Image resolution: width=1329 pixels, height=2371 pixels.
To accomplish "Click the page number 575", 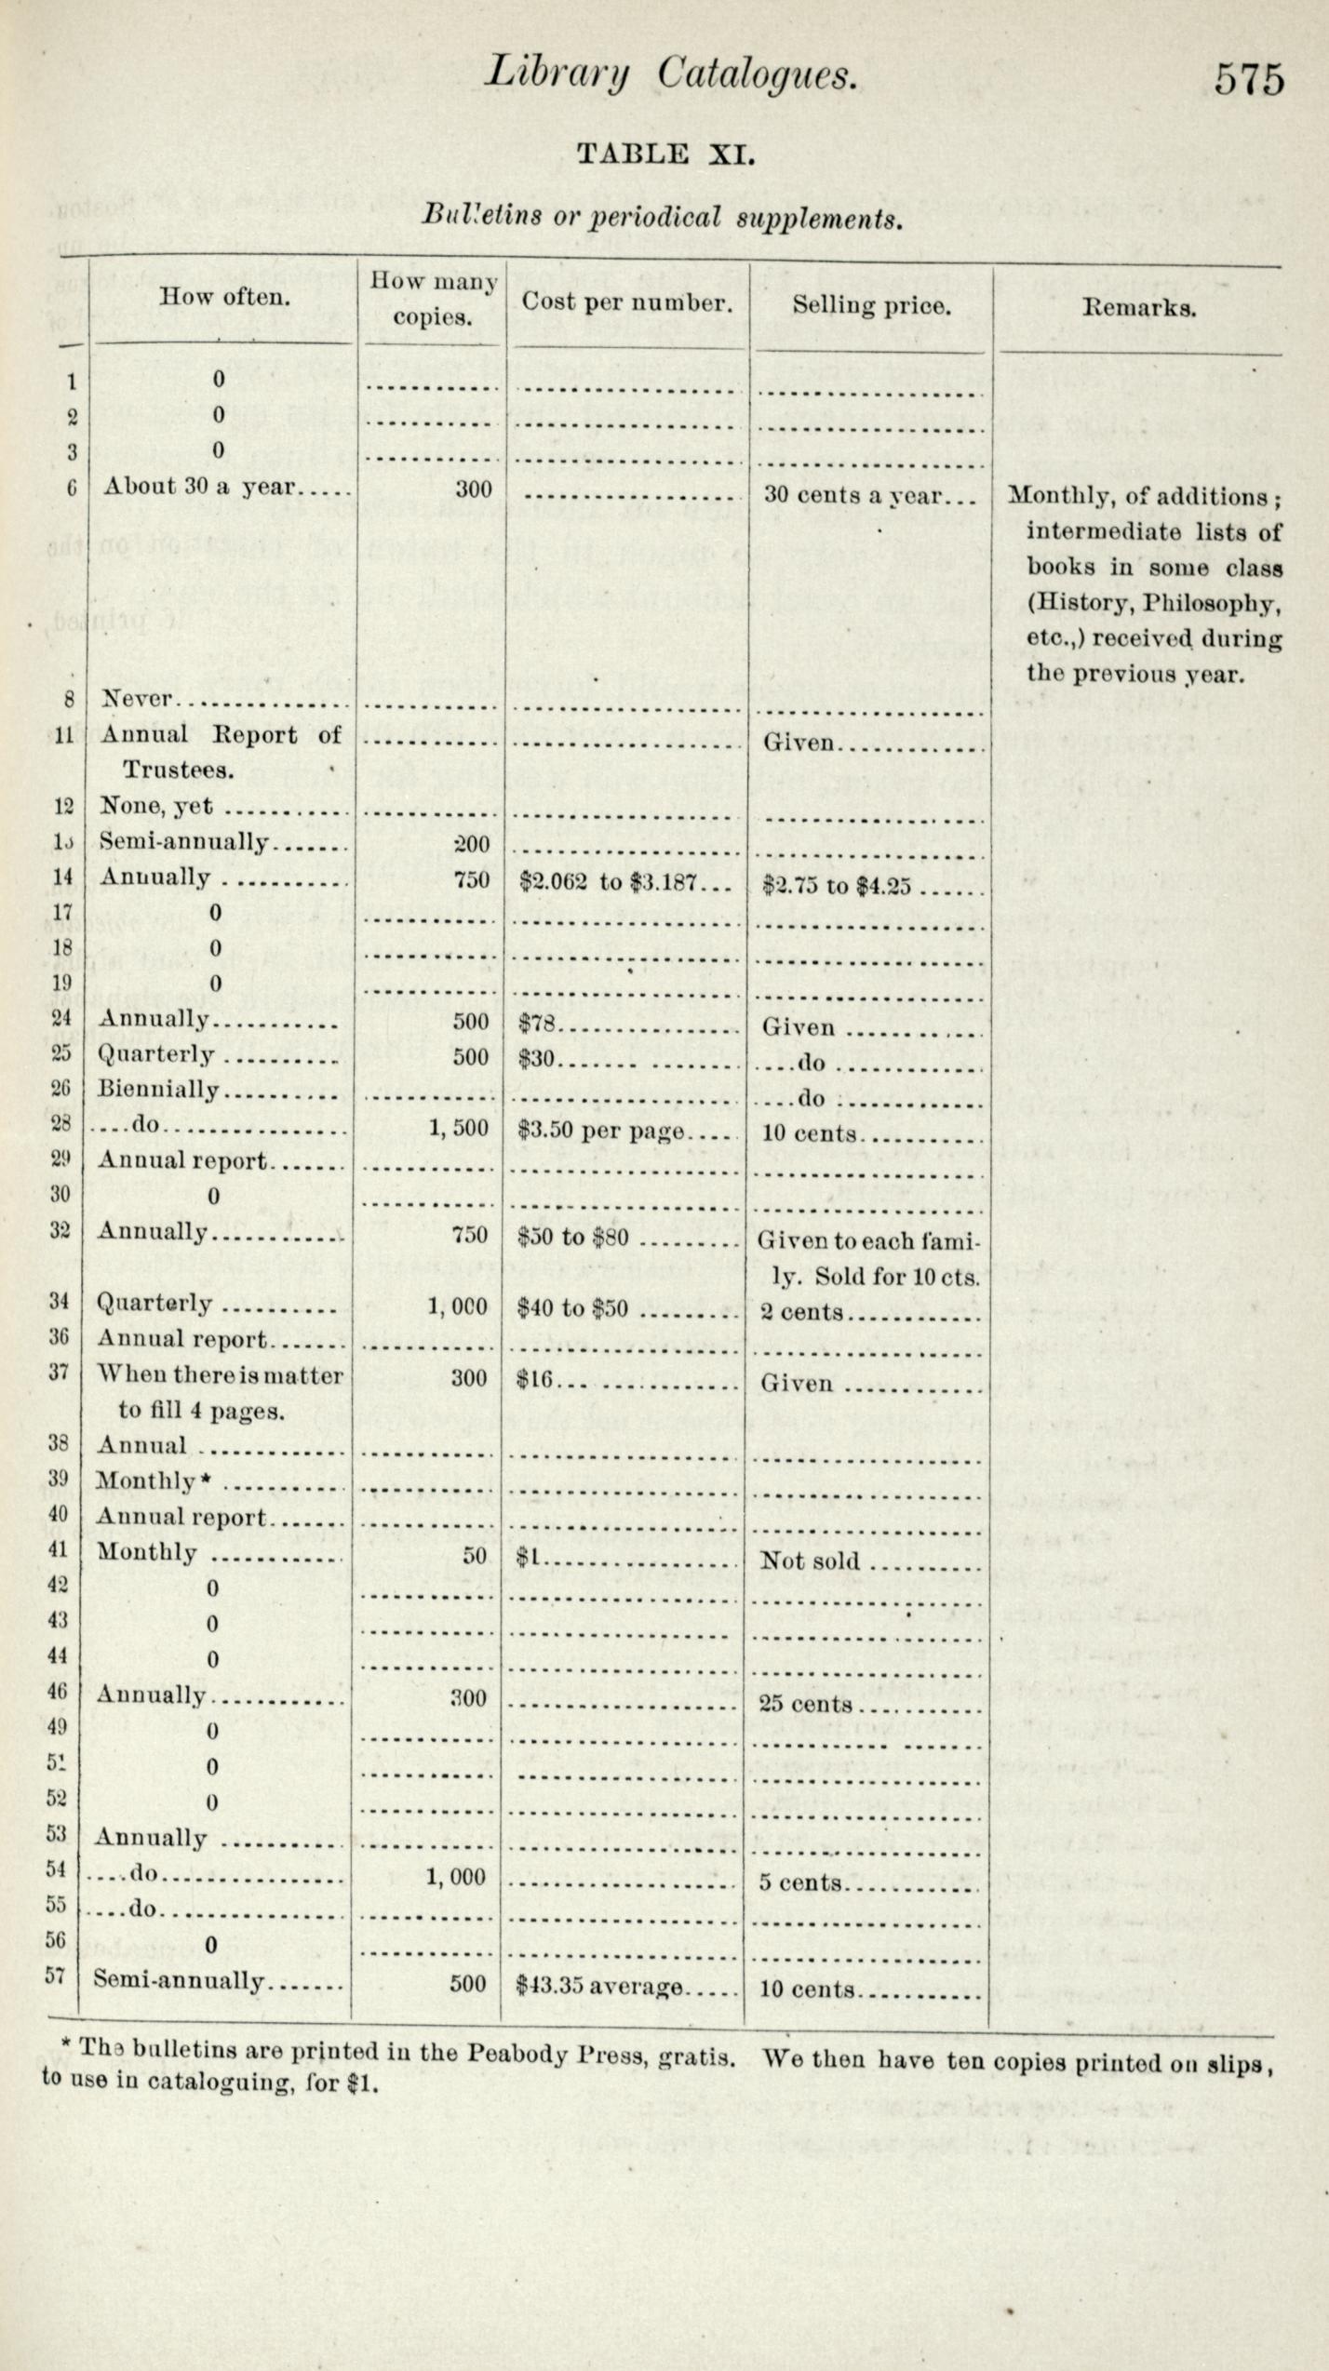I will click(1248, 78).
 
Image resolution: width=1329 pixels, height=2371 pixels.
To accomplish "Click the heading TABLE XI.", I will click(664, 154).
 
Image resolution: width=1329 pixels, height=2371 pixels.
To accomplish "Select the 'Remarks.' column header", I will click(1138, 308).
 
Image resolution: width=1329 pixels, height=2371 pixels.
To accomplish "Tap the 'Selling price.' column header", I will click(871, 305).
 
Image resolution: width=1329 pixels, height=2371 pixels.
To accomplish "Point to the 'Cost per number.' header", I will click(625, 302).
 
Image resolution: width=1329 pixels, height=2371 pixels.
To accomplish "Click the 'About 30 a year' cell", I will click(199, 487).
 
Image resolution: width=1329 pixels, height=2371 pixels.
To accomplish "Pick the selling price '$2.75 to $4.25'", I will click(836, 885).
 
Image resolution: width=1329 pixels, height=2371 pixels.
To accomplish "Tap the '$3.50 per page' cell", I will click(601, 1132).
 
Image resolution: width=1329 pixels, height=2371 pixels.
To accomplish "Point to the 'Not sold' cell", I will click(810, 1561).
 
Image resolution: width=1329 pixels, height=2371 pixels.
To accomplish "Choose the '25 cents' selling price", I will click(806, 1704).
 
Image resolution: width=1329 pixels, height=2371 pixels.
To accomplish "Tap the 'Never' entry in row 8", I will click(136, 699).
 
